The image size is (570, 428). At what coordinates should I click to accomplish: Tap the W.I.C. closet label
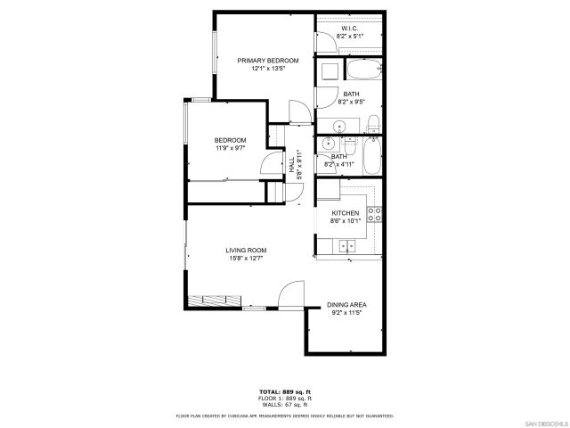click(x=348, y=29)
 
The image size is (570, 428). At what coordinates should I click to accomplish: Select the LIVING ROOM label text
click(x=246, y=250)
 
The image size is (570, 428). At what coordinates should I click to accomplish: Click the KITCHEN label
click(x=346, y=213)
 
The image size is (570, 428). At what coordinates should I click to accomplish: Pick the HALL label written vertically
click(x=291, y=165)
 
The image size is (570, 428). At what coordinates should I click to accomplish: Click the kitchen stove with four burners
click(x=376, y=213)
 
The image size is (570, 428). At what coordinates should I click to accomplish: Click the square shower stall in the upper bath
click(x=327, y=71)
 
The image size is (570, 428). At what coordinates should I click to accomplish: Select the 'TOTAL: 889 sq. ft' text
click(x=285, y=392)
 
